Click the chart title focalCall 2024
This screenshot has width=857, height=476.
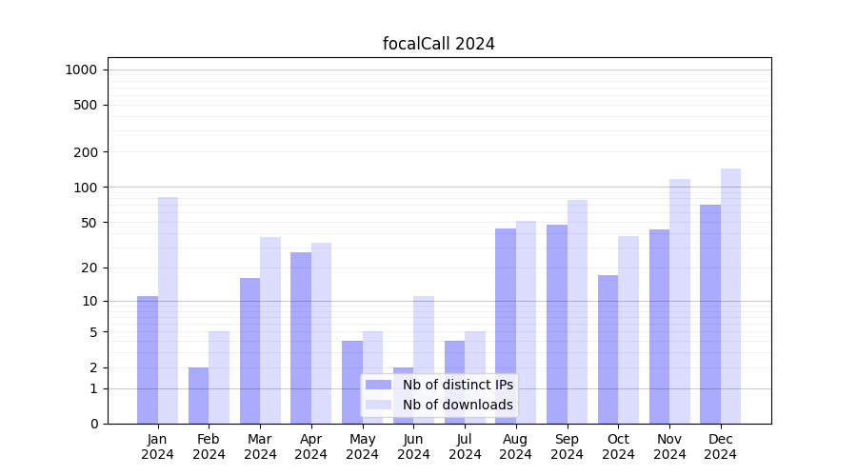point(438,44)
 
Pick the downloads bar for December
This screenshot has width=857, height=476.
point(730,296)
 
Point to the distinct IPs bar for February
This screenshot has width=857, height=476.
point(199,395)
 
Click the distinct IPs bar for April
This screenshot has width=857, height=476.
point(301,338)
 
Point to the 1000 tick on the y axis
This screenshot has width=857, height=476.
point(81,69)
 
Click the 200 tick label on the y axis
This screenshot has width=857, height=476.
point(85,152)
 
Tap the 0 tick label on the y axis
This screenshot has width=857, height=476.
point(93,424)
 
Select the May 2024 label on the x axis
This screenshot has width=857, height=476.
point(363,446)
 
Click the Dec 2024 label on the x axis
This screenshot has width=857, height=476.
point(721,446)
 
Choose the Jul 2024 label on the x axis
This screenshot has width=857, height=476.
point(465,446)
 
